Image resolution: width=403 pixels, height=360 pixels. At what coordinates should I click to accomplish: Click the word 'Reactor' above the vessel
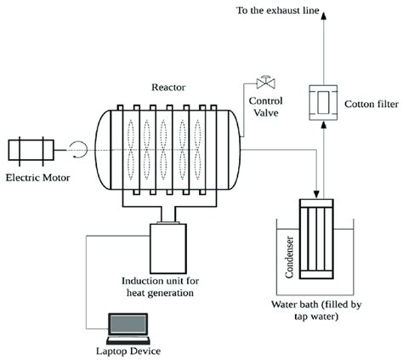pos(167,87)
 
